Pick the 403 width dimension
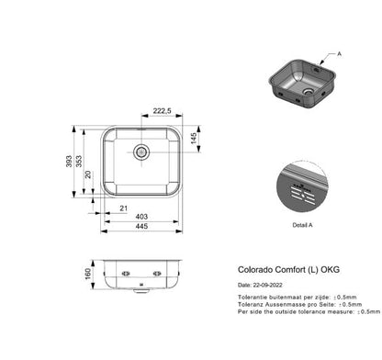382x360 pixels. pyautogui.click(x=141, y=217)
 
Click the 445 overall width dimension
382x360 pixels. pyautogui.click(x=141, y=226)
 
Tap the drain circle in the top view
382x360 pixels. pyautogui.click(x=141, y=150)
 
